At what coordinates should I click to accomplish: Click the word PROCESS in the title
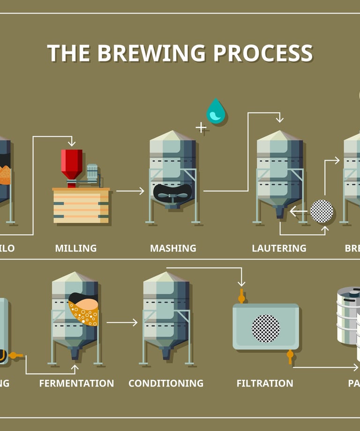[x=263, y=53]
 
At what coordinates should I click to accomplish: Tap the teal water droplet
[x=216, y=112]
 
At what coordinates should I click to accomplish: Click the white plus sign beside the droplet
[x=201, y=127]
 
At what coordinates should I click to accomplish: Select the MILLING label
[x=75, y=248]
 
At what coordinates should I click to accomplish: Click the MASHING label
[x=173, y=248]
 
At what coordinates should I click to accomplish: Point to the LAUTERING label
[x=279, y=248]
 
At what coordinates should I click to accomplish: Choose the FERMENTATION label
[x=76, y=383]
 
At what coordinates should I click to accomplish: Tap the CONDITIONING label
[x=166, y=383]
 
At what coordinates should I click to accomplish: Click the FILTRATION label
[x=265, y=383]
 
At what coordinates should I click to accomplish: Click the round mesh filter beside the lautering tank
[x=322, y=211]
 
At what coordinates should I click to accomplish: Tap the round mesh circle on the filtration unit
[x=266, y=328]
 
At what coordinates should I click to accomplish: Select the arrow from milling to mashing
[x=130, y=191]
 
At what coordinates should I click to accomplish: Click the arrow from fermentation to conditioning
[x=122, y=322]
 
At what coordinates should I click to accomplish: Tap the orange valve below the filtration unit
[x=290, y=357]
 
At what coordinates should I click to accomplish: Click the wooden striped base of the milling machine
[x=81, y=206]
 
